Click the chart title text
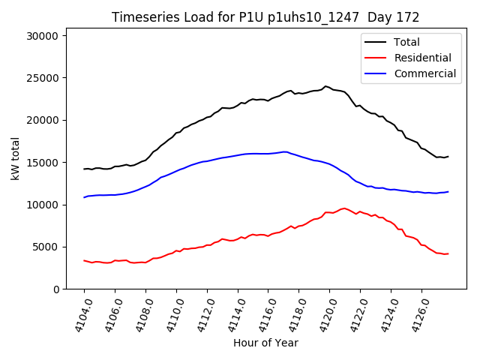[265, 17]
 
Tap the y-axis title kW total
[15, 158]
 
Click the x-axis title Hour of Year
[265, 343]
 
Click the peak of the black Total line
[325, 86]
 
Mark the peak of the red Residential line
[344, 208]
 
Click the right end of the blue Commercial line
[448, 191]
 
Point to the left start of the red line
[84, 260]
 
